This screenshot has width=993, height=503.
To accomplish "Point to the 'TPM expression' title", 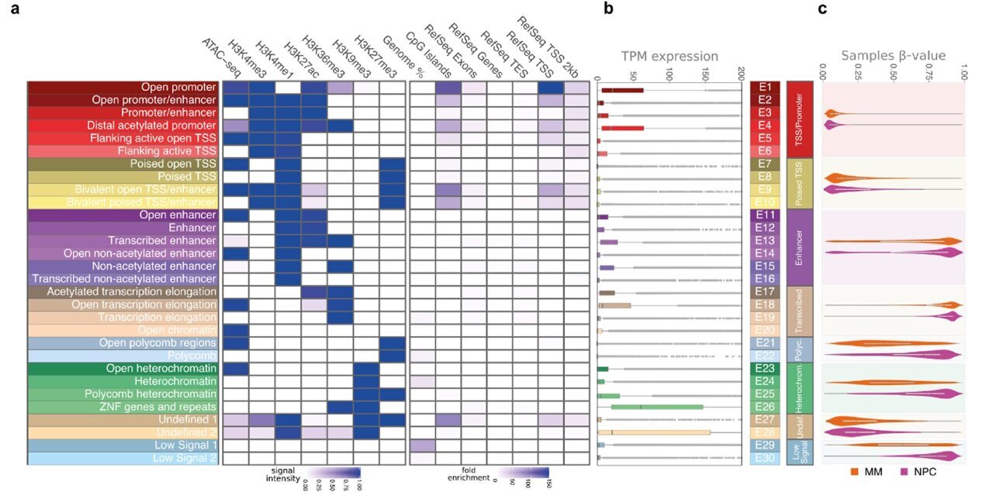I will tap(669, 56).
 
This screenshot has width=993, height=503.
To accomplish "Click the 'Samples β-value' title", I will tap(894, 56).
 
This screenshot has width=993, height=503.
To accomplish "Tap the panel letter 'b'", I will tap(608, 10).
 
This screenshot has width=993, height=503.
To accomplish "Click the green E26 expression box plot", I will tap(657, 407).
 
